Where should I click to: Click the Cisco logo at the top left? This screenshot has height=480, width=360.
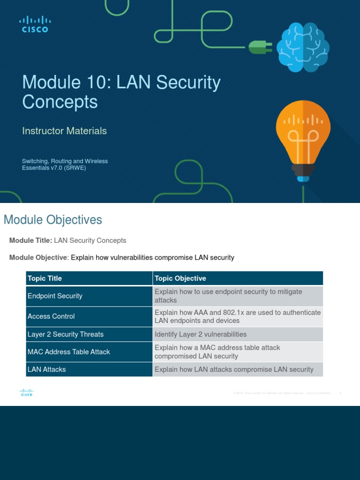coord(35,24)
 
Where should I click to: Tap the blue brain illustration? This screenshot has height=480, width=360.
coord(302,47)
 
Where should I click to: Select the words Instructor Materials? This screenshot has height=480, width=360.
coord(64,131)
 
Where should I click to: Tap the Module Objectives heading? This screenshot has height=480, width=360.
coord(52,219)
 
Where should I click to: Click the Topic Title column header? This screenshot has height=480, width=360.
coord(45,278)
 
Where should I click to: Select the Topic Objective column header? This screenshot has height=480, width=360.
coord(180,278)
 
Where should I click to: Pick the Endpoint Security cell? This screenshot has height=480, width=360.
coord(55,296)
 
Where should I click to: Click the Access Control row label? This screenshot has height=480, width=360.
coord(51,316)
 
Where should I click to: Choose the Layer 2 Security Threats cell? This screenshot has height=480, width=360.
coord(65,334)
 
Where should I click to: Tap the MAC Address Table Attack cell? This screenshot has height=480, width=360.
coord(68,352)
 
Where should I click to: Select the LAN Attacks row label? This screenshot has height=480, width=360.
coord(46,369)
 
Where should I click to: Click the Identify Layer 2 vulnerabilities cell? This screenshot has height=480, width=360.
coord(200,334)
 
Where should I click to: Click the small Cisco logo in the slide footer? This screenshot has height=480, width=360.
coord(27,393)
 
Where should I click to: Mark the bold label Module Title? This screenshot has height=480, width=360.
coord(30,240)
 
